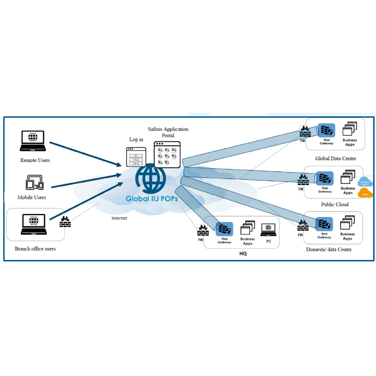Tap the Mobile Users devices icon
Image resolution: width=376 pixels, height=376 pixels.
(x=34, y=182)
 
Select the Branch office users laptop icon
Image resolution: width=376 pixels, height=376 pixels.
(x=34, y=224)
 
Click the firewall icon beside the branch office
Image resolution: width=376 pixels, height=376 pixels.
(x=65, y=222)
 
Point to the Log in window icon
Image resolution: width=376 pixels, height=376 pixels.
(x=136, y=157)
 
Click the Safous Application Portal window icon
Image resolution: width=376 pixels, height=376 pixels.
(x=167, y=154)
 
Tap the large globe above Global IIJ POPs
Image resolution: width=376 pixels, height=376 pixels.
(x=151, y=178)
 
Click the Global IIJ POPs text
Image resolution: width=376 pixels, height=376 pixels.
(x=152, y=199)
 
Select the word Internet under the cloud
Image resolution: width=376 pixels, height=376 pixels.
(x=119, y=218)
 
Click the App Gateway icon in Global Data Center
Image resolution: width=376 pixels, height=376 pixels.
(x=326, y=130)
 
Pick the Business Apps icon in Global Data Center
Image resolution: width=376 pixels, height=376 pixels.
(x=350, y=129)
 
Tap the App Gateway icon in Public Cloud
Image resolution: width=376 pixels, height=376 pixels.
(x=325, y=179)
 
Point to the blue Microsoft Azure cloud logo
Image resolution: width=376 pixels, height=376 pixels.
(x=365, y=182)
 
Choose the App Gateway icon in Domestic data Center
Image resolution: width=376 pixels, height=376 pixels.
(x=324, y=224)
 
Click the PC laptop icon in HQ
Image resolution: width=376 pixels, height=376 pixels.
(x=269, y=230)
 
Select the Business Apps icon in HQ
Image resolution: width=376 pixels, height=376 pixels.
(x=248, y=228)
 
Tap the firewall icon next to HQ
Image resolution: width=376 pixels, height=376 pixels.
(x=203, y=230)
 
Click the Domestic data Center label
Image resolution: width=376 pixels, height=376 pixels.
(x=329, y=249)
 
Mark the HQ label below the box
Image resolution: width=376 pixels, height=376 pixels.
(x=243, y=253)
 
